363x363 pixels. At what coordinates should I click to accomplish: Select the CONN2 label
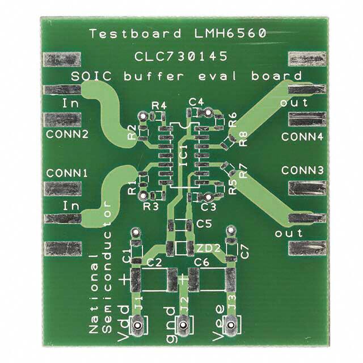click(x=67, y=134)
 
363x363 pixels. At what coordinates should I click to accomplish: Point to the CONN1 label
click(x=67, y=172)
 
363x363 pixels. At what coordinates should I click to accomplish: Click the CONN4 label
click(x=302, y=137)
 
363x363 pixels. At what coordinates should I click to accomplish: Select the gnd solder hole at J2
click(x=183, y=326)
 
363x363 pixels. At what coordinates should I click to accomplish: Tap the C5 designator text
click(x=203, y=225)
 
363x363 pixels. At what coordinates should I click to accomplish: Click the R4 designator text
click(x=159, y=105)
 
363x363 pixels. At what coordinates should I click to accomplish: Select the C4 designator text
click(x=196, y=101)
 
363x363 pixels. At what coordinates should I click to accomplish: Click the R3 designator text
click(x=151, y=206)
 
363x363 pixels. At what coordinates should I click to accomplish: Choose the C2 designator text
click(x=154, y=262)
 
